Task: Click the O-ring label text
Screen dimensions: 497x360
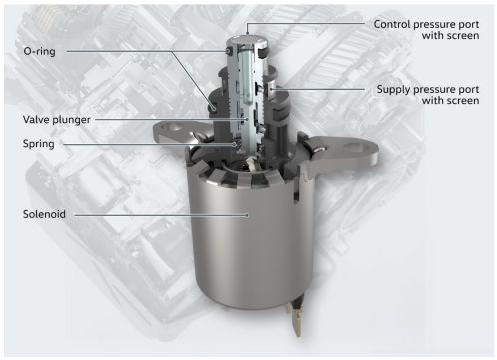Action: coord(39,51)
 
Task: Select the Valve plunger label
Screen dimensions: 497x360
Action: coord(56,120)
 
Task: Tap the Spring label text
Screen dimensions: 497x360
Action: coord(39,144)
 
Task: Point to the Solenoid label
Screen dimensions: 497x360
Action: coord(44,214)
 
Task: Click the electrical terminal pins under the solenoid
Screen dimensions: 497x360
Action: coord(296,317)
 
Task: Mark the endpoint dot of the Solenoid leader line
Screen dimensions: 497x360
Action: coord(247,215)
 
